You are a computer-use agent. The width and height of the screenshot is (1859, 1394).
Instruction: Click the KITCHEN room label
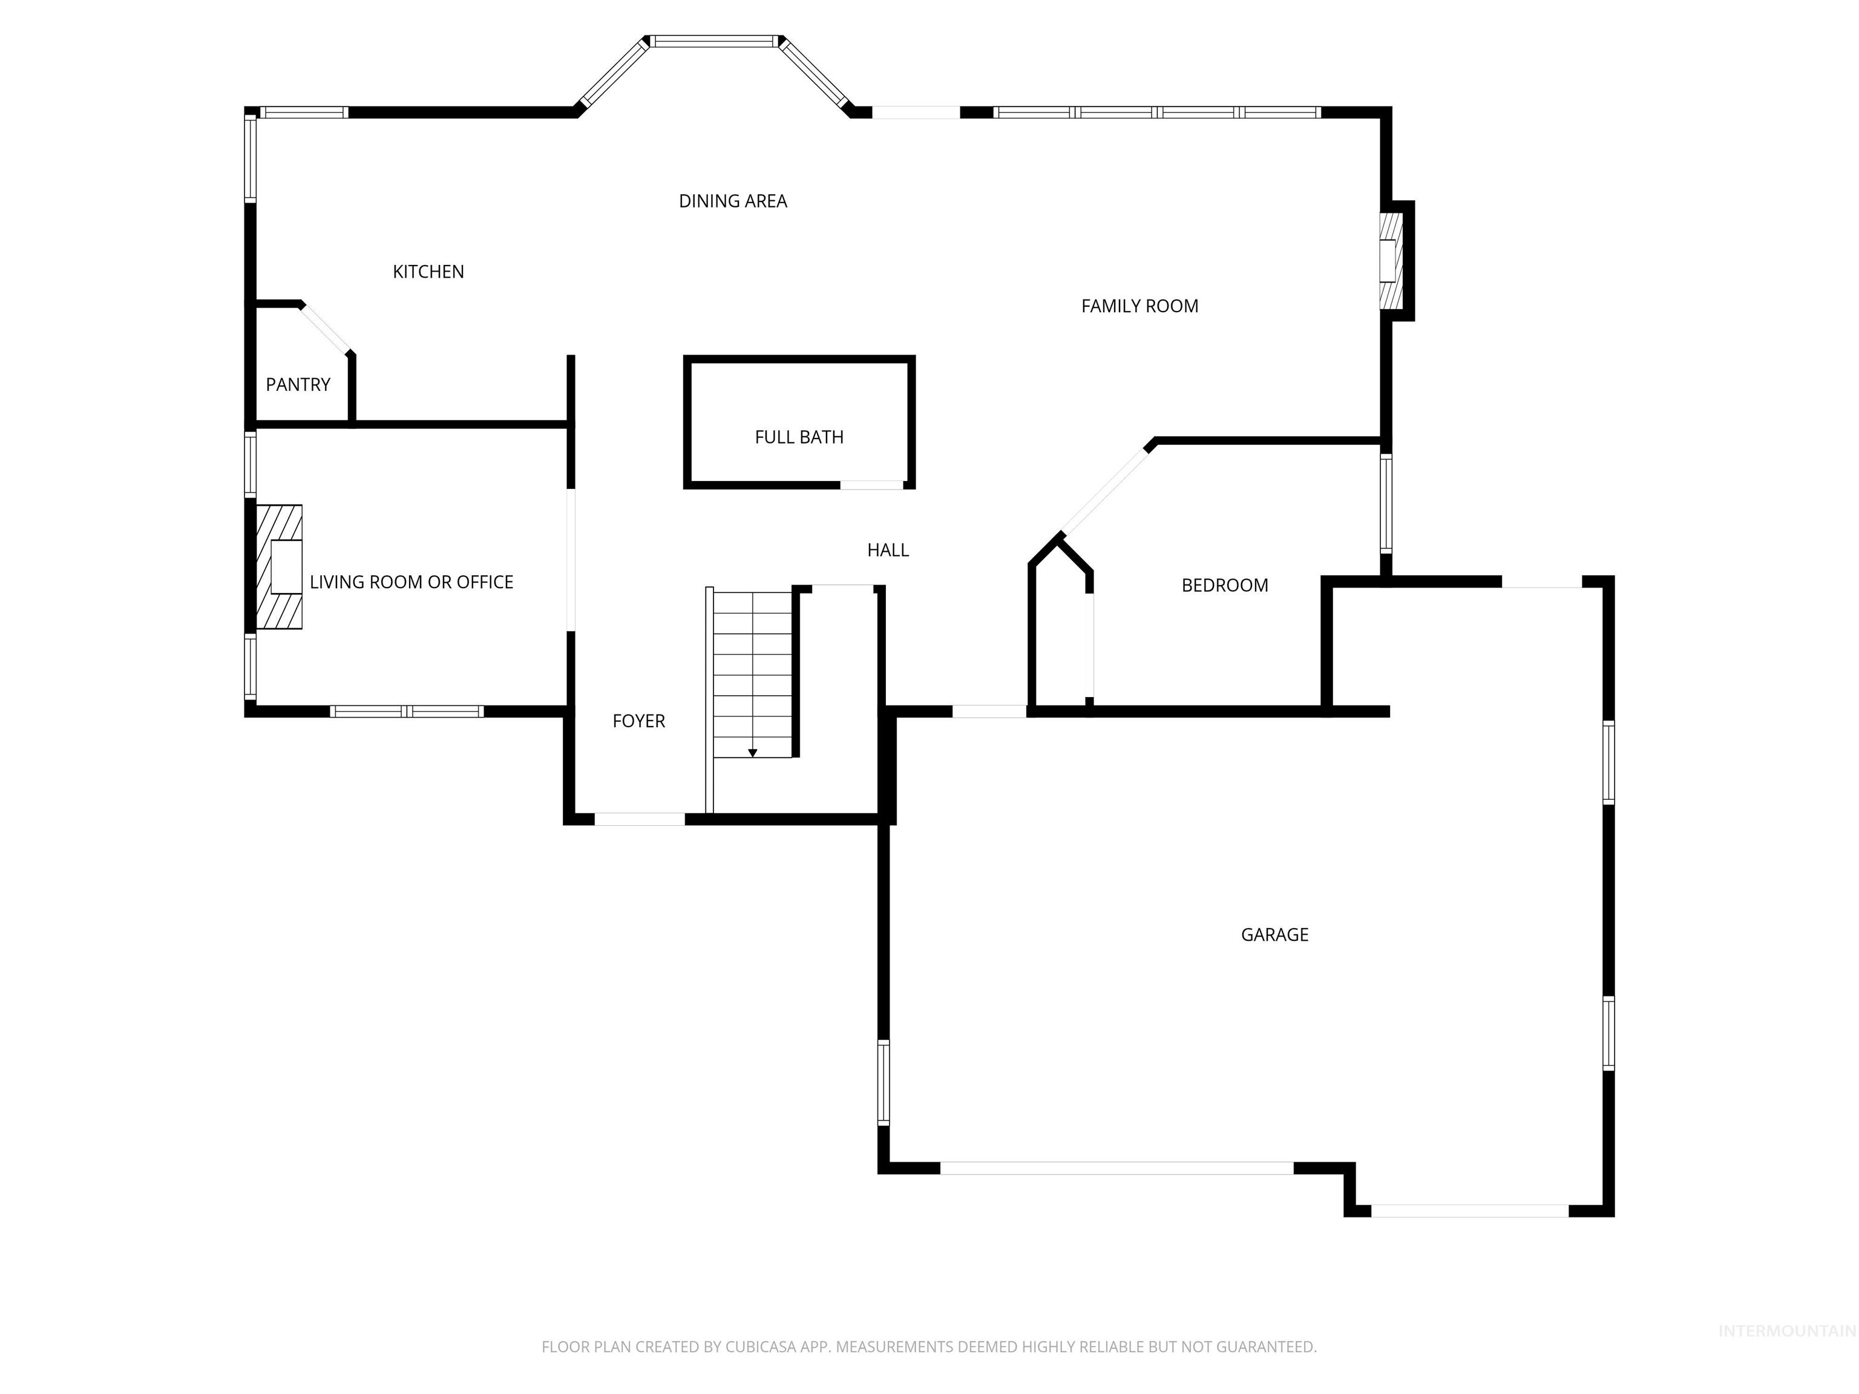coord(428,272)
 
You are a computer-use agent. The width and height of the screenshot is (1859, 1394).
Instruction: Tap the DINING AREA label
coord(732,201)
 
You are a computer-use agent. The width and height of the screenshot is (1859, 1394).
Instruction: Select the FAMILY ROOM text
coord(1139,306)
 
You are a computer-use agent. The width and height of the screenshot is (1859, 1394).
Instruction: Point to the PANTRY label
coord(298,384)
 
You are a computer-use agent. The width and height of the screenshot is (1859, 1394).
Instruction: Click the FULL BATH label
coord(798,437)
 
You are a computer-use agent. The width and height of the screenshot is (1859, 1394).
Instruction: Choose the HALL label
coord(888,549)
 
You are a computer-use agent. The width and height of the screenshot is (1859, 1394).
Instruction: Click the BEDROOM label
coord(1224,585)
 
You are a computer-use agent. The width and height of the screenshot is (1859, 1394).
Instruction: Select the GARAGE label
coord(1274,934)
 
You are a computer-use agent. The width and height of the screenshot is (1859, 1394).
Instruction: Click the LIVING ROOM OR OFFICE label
coord(411,581)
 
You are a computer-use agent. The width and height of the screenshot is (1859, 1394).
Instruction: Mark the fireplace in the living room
coord(280,566)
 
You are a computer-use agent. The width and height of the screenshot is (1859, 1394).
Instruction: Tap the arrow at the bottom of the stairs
coord(752,753)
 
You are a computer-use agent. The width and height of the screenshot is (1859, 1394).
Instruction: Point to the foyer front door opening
coord(640,819)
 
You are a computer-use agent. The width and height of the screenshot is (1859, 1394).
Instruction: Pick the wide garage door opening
coord(1116,1168)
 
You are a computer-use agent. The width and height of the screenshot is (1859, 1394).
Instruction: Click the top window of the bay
coord(714,41)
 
